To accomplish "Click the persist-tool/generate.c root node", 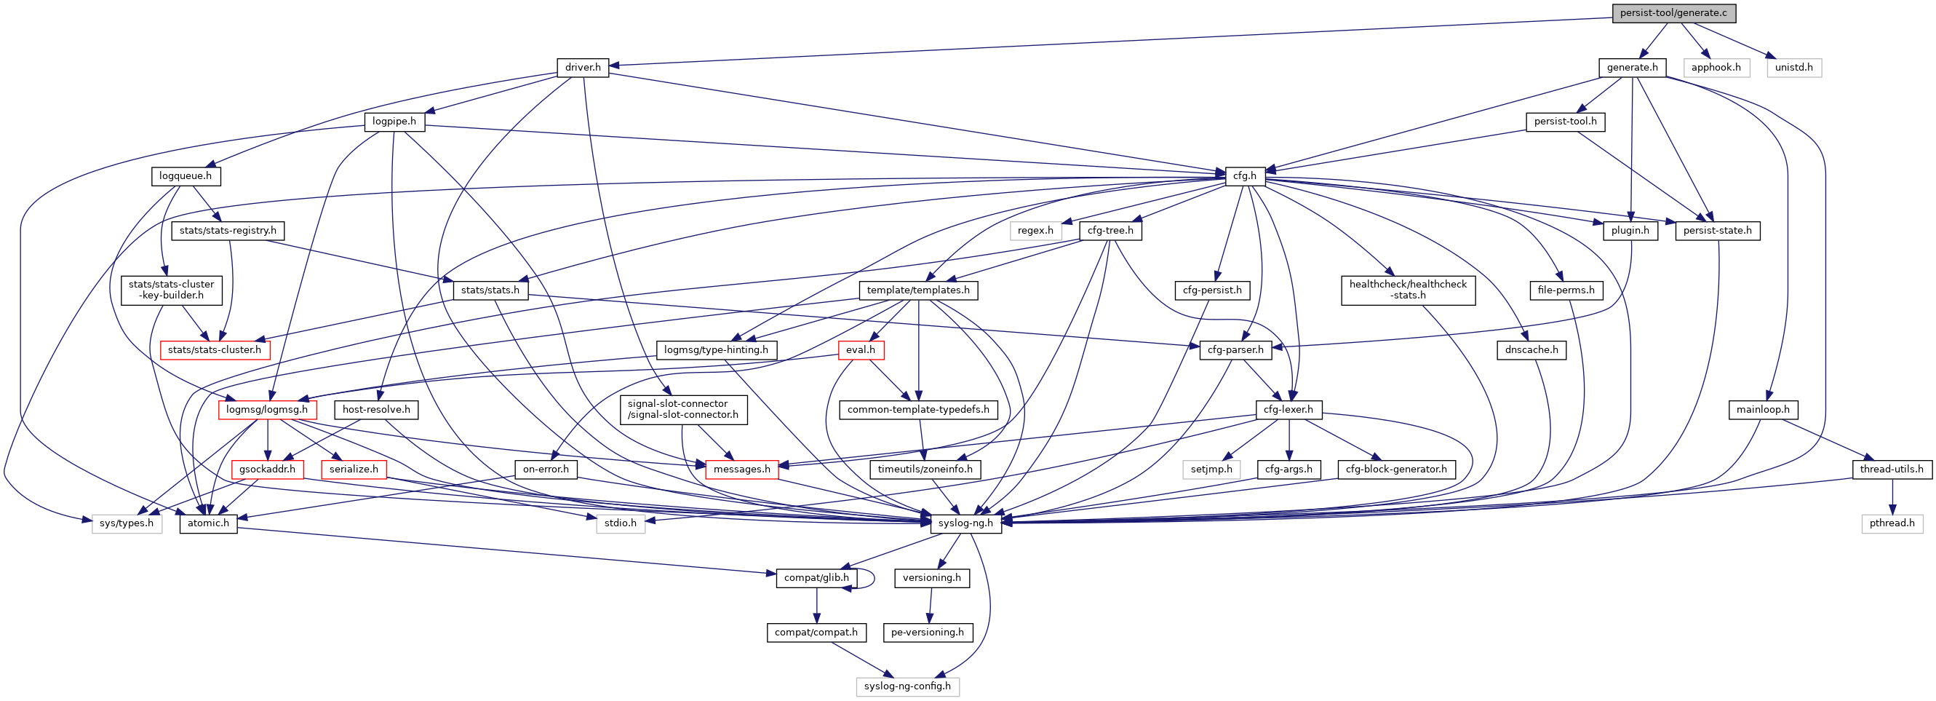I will pos(1673,13).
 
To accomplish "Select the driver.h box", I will pos(583,67).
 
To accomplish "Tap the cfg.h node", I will pos(1245,176).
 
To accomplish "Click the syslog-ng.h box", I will pos(965,523).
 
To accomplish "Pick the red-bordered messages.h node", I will pos(742,470).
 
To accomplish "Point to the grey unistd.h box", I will pos(1793,67).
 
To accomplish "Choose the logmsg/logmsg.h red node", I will pos(267,410).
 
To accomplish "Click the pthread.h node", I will pos(1892,523).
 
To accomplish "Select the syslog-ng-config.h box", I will pos(907,686).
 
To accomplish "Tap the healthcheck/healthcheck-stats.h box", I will pos(1408,290).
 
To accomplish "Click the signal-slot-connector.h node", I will pos(683,409).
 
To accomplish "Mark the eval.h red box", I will pos(861,349).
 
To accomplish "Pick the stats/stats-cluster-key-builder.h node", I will pos(172,290).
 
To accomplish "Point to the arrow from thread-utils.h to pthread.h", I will pos(1892,496).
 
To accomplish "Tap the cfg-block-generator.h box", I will pos(1395,470).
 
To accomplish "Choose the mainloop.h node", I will pos(1762,410).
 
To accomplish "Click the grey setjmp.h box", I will pos(1211,470).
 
